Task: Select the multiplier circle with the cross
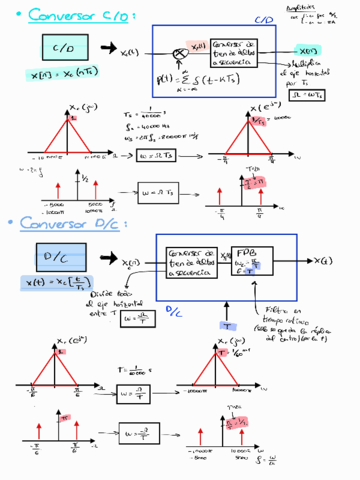pyautogui.click(x=180, y=50)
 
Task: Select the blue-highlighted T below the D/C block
pyautogui.click(x=227, y=325)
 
